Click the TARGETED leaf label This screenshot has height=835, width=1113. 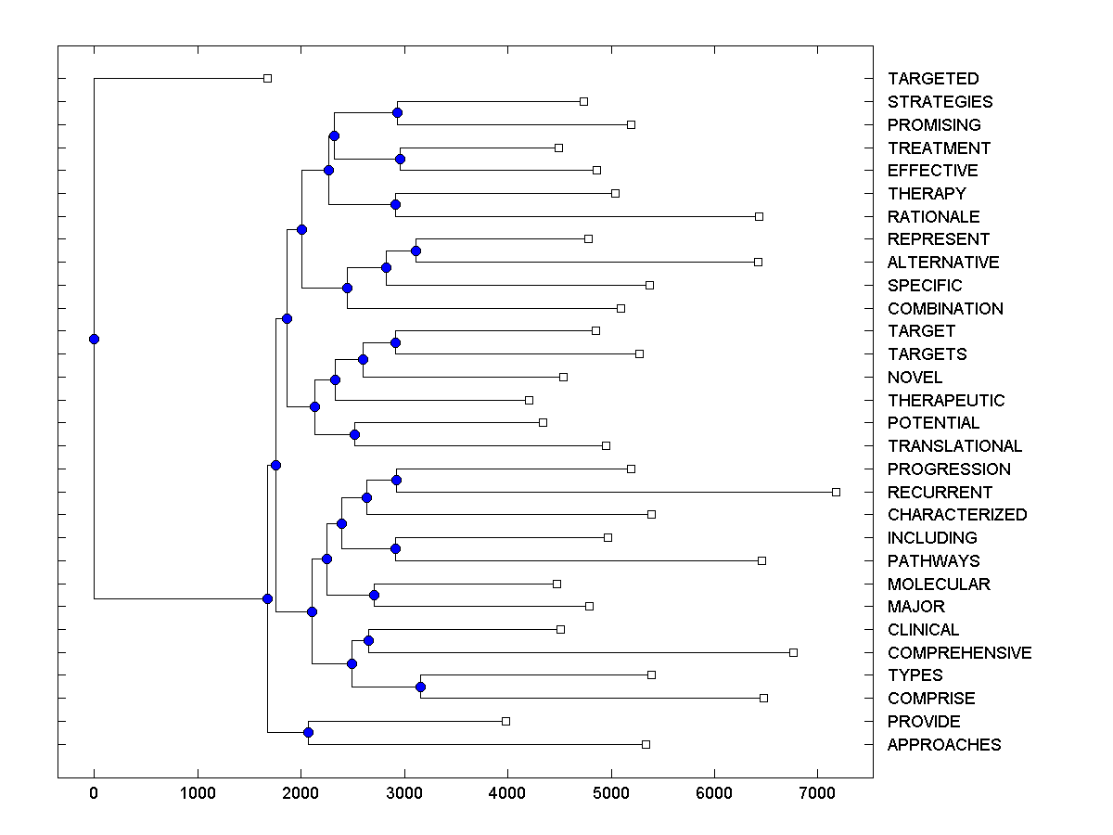932,79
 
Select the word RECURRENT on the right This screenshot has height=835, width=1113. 940,492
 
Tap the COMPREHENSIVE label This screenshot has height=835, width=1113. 959,652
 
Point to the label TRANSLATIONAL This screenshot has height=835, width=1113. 954,446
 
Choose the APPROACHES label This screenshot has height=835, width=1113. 944,744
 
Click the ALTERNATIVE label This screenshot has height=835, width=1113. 943,263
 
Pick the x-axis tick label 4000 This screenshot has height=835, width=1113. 507,793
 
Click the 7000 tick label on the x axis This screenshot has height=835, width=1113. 817,793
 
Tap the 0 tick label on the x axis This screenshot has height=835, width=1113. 94,793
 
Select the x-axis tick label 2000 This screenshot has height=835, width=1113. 301,793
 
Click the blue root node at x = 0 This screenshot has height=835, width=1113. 94,339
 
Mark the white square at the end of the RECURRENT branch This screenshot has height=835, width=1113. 836,492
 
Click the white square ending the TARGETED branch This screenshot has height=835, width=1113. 267,78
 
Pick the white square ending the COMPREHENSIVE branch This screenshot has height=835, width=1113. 793,652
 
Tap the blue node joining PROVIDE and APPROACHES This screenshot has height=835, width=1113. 308,733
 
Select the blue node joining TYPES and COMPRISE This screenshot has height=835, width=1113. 420,687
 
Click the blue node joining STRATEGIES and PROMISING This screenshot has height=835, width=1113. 397,112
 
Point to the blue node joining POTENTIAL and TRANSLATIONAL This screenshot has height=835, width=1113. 354,434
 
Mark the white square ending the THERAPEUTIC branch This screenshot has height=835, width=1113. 529,400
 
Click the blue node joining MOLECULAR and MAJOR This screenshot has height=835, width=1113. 374,595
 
